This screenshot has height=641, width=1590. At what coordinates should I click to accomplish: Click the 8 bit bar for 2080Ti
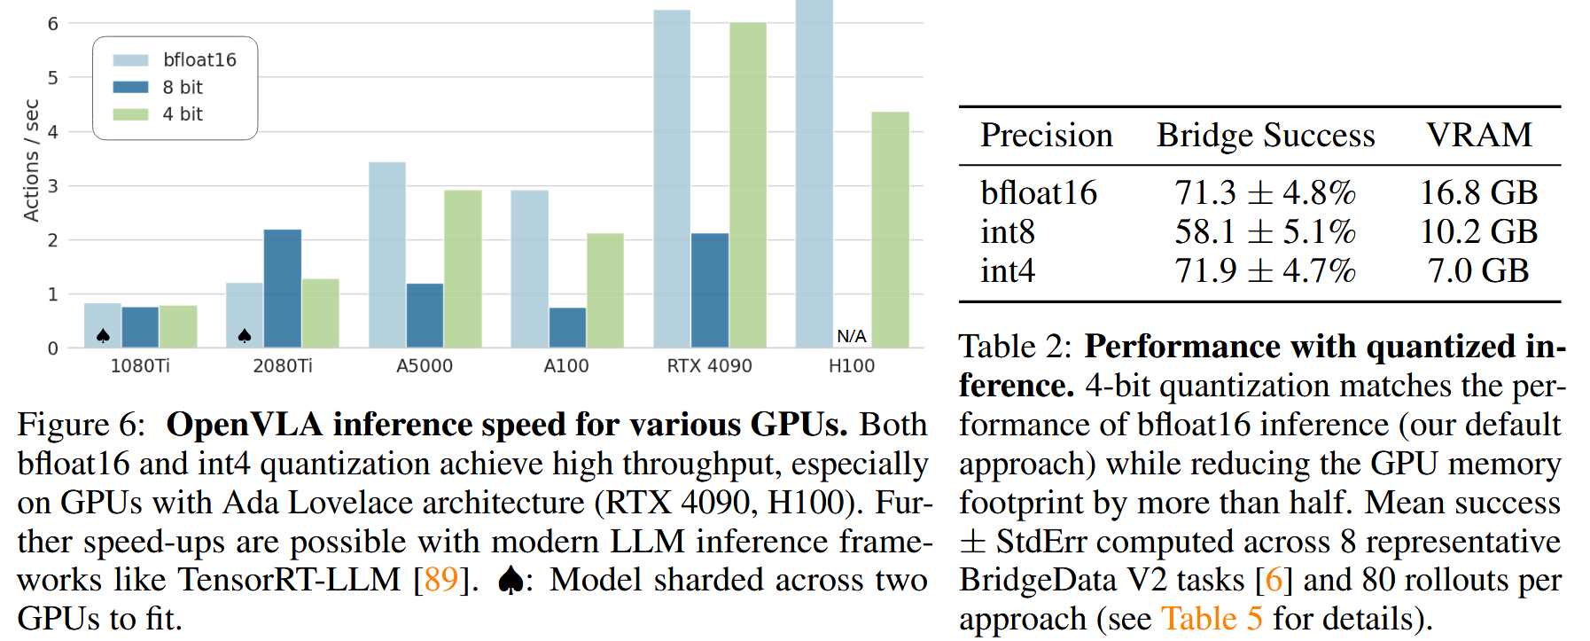[283, 288]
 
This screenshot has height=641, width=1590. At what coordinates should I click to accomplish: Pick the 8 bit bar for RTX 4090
[710, 290]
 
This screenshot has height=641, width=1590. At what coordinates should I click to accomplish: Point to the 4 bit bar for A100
[605, 290]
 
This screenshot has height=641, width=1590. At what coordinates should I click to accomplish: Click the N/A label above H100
[851, 336]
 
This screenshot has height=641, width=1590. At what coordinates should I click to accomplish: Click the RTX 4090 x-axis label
[709, 365]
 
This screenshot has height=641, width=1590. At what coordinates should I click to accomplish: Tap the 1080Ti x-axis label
[140, 365]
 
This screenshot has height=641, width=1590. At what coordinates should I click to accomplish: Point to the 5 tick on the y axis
[53, 78]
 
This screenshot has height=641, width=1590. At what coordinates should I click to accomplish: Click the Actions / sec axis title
[32, 160]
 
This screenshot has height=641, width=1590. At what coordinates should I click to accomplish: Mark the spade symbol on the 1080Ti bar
[103, 336]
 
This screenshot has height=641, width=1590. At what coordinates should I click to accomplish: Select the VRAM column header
[1478, 135]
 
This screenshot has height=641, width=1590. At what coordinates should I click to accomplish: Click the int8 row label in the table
[1008, 231]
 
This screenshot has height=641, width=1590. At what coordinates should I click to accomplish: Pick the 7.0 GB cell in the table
[1478, 270]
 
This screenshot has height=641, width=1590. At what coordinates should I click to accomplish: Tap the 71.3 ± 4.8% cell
[1265, 192]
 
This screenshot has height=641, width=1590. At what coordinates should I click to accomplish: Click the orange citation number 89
[441, 580]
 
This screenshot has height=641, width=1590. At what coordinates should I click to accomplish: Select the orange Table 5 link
[1212, 619]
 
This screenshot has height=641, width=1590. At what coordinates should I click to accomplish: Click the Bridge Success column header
[1266, 135]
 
